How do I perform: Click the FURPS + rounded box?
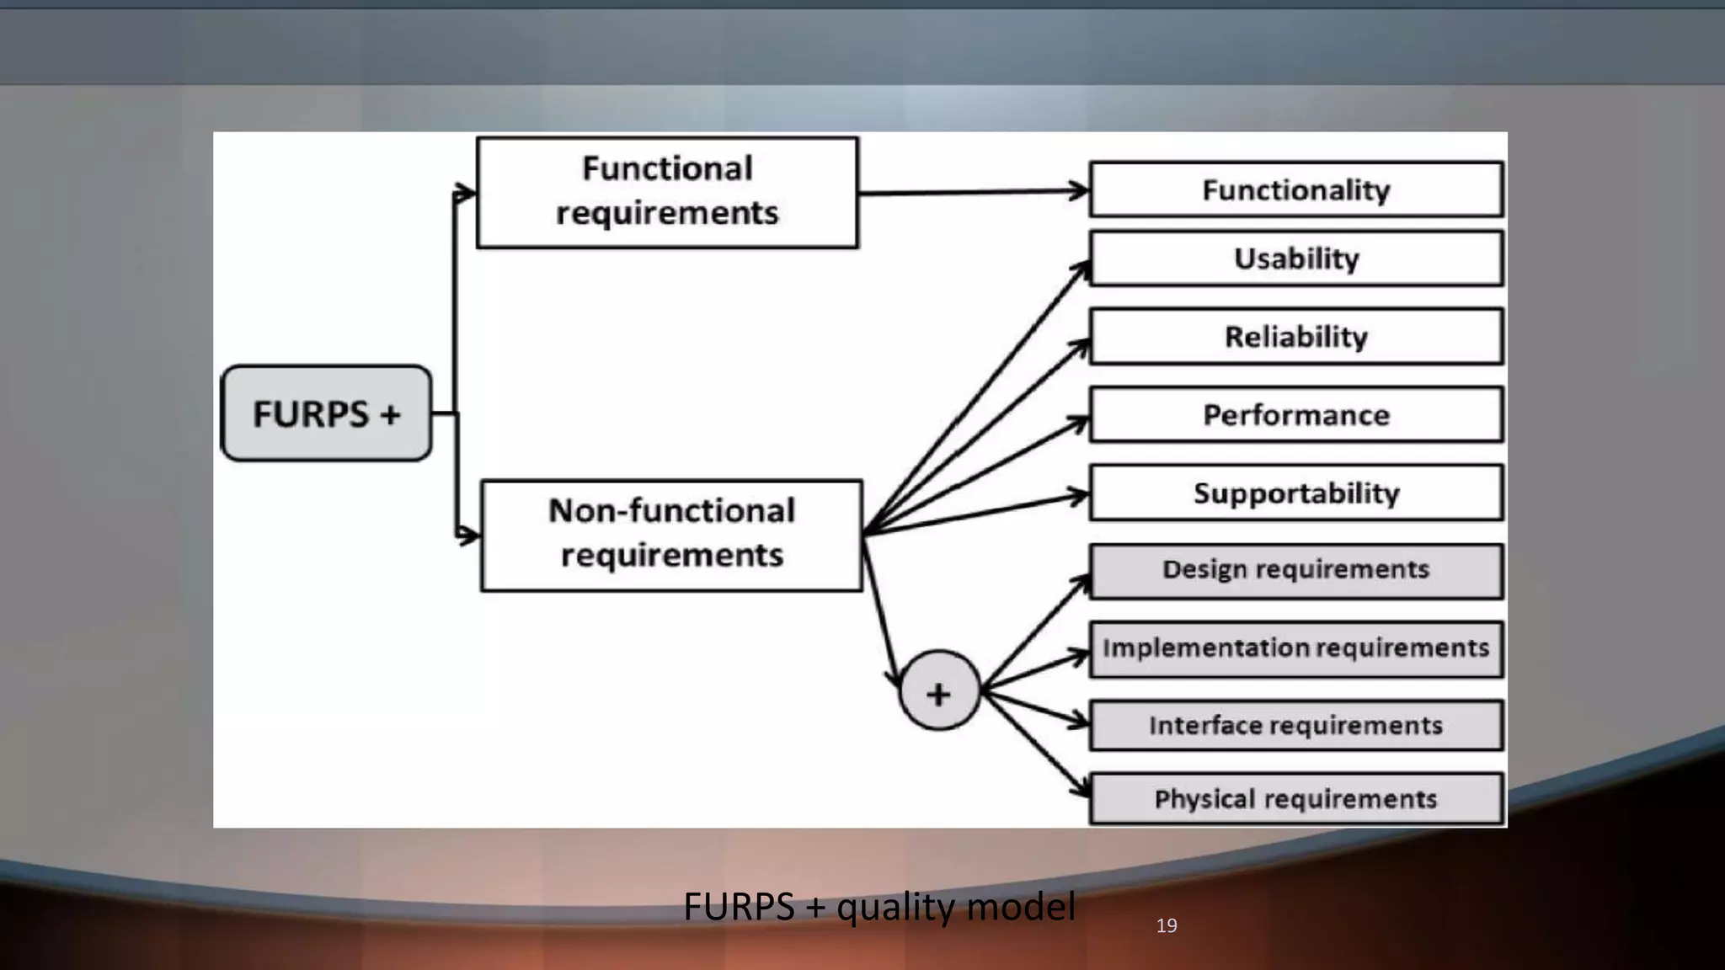tap(326, 413)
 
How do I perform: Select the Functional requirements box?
tap(667, 193)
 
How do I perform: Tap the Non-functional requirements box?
tap(671, 535)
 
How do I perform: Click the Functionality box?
tap(1295, 189)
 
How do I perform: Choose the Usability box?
tap(1295, 258)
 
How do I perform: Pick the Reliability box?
tap(1295, 337)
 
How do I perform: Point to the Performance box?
tap(1295, 414)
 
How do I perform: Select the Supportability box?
tap(1295, 493)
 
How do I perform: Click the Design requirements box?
tap(1295, 571)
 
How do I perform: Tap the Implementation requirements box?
tap(1295, 648)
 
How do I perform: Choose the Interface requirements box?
tap(1295, 725)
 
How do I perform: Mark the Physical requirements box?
tap(1295, 798)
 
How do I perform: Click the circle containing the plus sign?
tap(939, 691)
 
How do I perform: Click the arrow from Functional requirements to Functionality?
tap(969, 193)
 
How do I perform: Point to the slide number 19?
tap(1166, 925)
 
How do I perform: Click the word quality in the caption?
tap(896, 908)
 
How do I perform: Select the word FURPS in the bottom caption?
tap(738, 907)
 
